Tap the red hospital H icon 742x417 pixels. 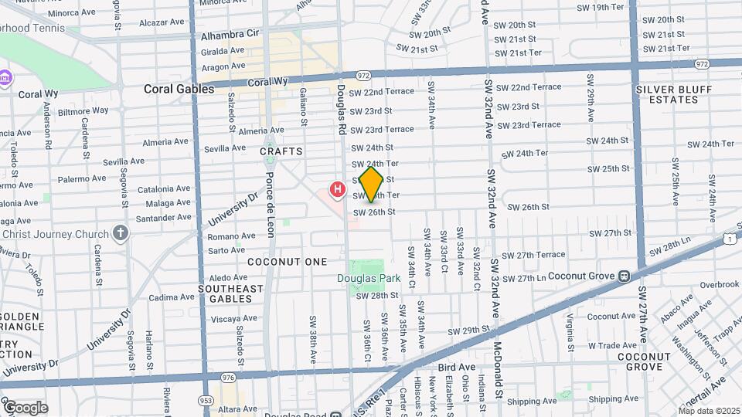337,188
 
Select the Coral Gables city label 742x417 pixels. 179,90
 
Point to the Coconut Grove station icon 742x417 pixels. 623,276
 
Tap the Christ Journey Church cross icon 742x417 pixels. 120,233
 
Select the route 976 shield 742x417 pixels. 227,377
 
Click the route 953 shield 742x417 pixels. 206,401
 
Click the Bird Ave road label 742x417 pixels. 456,367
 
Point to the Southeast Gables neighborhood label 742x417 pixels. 230,294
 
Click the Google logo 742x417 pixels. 25,408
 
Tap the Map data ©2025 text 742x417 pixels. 709,411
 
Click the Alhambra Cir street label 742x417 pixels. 230,35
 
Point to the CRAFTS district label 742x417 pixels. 281,151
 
